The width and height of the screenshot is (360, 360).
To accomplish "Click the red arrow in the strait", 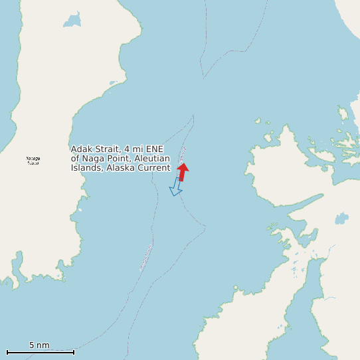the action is coord(183,171).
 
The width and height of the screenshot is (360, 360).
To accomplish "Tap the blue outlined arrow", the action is coord(176,187).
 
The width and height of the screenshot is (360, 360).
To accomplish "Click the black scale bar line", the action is coord(40,352).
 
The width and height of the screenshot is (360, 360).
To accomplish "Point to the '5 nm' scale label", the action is coord(39,345).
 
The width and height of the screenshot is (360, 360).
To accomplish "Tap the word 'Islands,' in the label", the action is coord(86,168).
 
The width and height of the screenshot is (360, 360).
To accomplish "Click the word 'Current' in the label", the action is coord(153,168).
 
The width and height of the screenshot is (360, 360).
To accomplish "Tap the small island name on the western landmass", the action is coord(33,160).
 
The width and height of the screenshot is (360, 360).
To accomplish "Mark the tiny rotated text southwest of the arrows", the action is coord(145,258).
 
